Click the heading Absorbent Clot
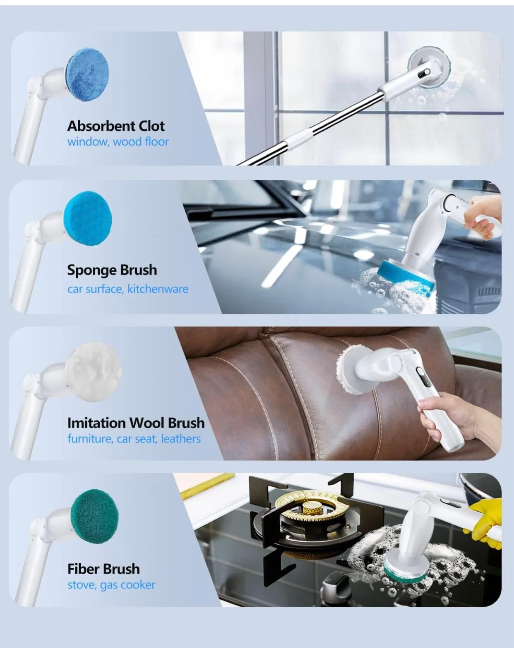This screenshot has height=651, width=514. (x=116, y=126)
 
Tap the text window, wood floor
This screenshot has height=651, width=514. (x=118, y=141)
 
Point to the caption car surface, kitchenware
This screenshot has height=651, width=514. (x=128, y=289)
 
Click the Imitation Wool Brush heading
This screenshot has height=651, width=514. (x=136, y=423)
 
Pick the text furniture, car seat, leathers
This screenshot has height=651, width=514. (x=134, y=439)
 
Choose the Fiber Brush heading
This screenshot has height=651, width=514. (x=103, y=569)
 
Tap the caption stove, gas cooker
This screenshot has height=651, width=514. (x=111, y=585)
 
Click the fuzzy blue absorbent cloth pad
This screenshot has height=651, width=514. (x=87, y=74)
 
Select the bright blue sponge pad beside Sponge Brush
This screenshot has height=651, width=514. (x=87, y=218)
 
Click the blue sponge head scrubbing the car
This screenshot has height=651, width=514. (x=406, y=278)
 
